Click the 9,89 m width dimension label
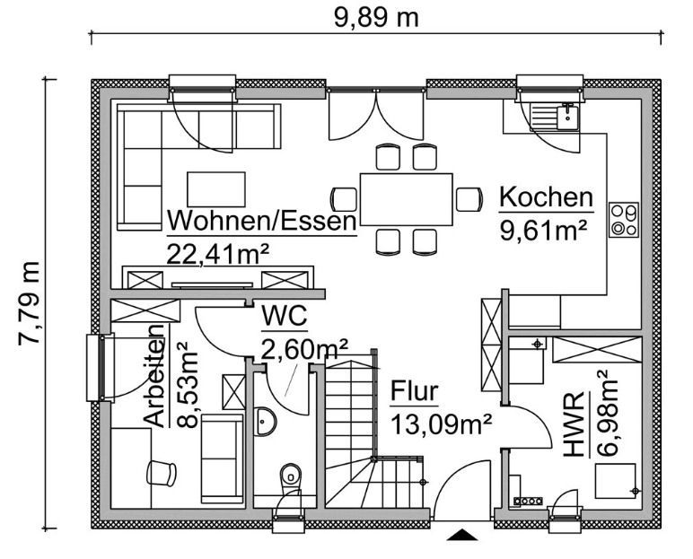coord(376,17)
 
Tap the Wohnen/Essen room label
coord(261,221)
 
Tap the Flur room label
coord(414,391)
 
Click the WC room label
coord(285,317)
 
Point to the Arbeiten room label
coord(154,377)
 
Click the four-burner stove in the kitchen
coord(624,220)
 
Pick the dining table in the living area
coord(407,198)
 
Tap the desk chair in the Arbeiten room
coord(162,471)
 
